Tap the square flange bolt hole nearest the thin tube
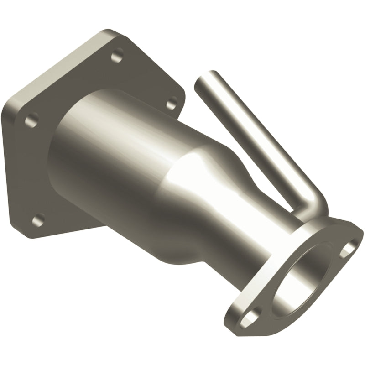pyautogui.click(x=172, y=104)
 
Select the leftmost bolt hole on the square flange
pyautogui.click(x=31, y=120)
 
